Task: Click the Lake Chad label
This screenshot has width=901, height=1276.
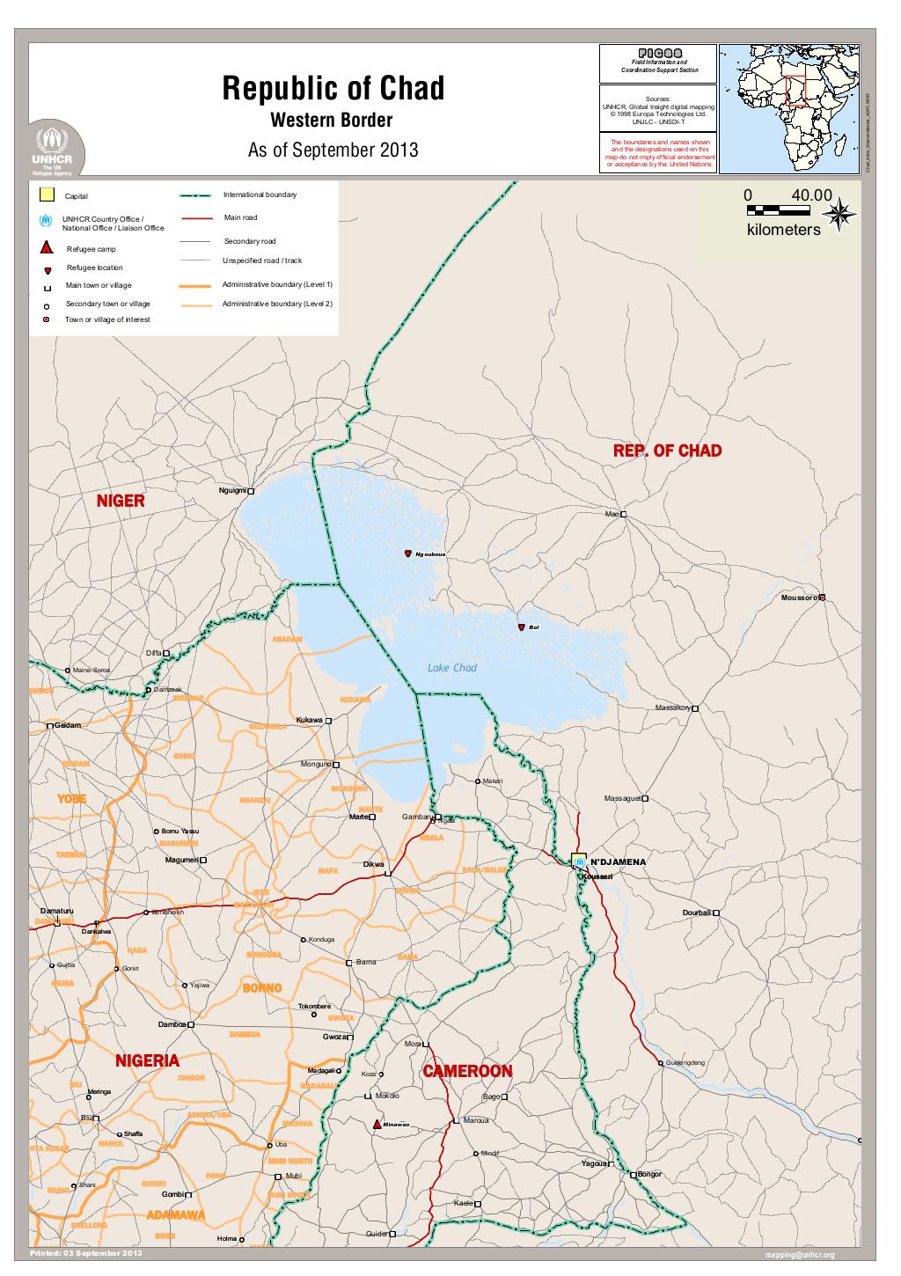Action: pyautogui.click(x=451, y=668)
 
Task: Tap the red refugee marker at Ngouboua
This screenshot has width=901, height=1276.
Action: pyautogui.click(x=408, y=554)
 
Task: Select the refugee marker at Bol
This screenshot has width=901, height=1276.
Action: pyautogui.click(x=522, y=627)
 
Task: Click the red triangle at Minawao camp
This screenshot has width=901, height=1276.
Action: pyautogui.click(x=377, y=1125)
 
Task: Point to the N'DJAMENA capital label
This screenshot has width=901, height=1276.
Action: pyautogui.click(x=618, y=860)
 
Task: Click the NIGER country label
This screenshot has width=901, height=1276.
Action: pyautogui.click(x=120, y=501)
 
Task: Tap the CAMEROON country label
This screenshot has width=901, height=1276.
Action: pyautogui.click(x=467, y=1071)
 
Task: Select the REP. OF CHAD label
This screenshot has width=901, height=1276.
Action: pyautogui.click(x=667, y=451)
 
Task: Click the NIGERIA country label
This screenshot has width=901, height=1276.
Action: pyautogui.click(x=148, y=1060)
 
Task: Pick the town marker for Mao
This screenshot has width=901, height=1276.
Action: pyautogui.click(x=624, y=514)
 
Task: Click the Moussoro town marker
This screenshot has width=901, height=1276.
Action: pyautogui.click(x=822, y=598)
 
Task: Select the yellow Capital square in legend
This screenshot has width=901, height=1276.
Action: pyautogui.click(x=48, y=194)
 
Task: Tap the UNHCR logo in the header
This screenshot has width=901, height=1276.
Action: pyautogui.click(x=57, y=150)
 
